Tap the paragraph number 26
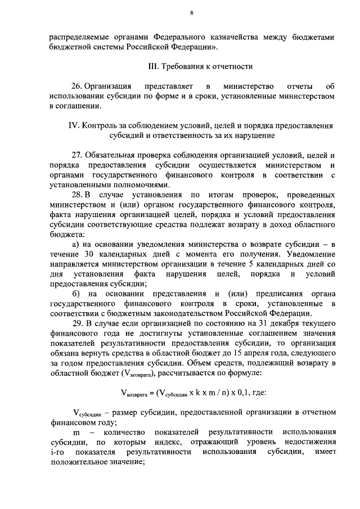[76, 87]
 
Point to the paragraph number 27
[76, 155]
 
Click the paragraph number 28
[76, 195]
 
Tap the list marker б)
[76, 294]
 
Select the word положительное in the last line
[76, 462]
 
